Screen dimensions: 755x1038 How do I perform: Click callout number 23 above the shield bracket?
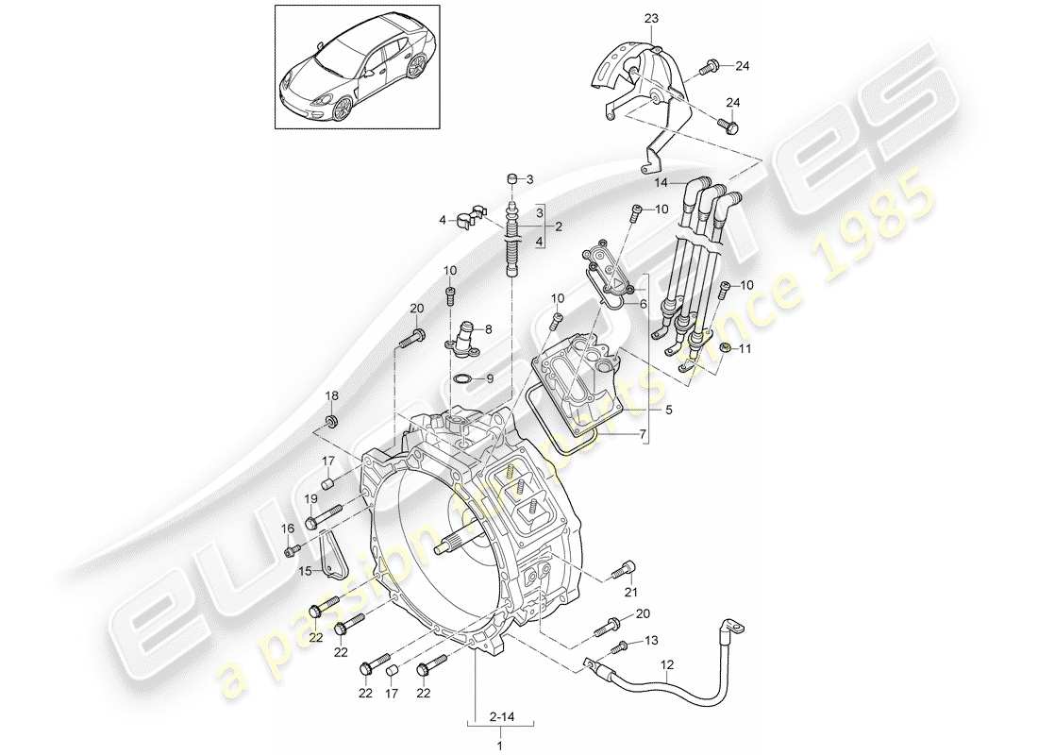click(653, 19)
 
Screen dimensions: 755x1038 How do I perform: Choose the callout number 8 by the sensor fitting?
click(488, 329)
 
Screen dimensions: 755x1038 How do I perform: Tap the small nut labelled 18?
click(332, 420)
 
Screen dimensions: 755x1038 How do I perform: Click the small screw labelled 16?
click(293, 549)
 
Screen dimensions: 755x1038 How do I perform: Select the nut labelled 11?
click(724, 350)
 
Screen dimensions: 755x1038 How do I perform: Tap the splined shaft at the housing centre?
click(449, 544)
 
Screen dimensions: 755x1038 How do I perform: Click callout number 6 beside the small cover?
click(643, 305)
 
